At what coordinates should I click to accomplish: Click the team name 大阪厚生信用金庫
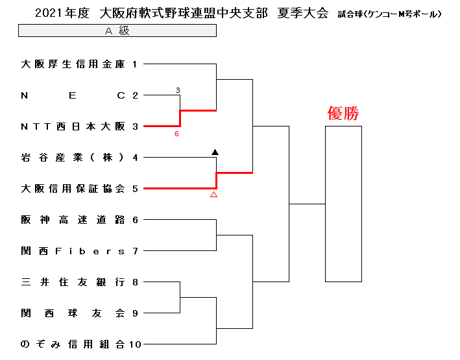(73, 64)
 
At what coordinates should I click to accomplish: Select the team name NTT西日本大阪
(73, 126)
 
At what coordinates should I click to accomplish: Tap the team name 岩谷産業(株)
(73, 158)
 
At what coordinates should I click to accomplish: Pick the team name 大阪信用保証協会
(73, 189)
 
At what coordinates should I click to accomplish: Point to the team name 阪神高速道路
(73, 220)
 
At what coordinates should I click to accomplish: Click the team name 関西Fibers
(73, 251)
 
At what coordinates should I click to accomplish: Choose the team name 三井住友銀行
(73, 282)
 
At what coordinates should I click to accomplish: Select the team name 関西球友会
(73, 313)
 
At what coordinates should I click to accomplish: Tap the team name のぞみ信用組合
(73, 344)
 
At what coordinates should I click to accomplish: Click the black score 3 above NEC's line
(178, 90)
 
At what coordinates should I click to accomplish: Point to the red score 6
(176, 134)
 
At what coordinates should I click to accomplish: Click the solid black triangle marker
(215, 152)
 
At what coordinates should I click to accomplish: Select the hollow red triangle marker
(214, 194)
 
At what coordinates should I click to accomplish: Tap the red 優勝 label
(343, 114)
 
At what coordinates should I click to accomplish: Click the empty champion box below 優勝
(325, 204)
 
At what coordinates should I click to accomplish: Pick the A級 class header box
(117, 30)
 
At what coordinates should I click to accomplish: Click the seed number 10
(135, 344)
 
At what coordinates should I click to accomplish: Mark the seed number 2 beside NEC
(135, 95)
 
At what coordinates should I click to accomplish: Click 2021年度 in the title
(62, 14)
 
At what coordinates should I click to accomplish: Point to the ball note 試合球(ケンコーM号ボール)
(389, 14)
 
